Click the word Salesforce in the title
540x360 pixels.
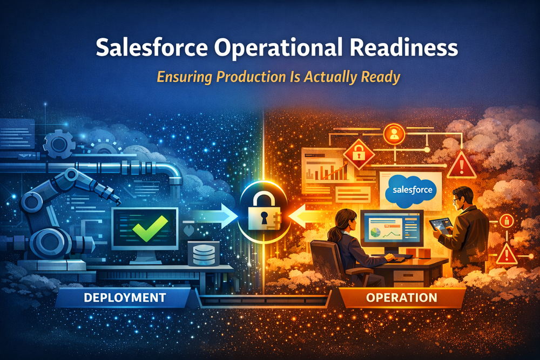pos(152,47)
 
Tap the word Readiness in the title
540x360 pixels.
pos(404,47)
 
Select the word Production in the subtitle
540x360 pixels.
pos(251,77)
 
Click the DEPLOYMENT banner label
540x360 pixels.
pos(125,298)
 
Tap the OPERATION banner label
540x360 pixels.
pos(402,298)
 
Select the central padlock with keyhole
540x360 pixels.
pos(264,212)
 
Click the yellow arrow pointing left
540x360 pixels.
pos(308,216)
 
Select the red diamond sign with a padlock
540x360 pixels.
pos(359,154)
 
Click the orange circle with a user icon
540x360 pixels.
pos(394,134)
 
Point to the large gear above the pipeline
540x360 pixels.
pos(59,144)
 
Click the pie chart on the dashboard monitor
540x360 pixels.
pos(376,233)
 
